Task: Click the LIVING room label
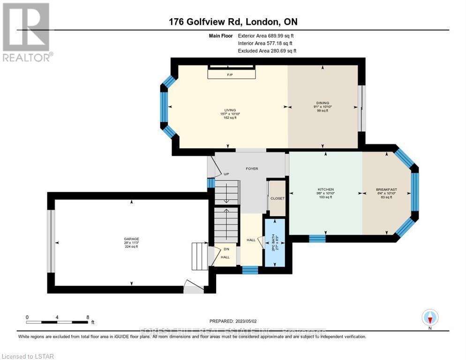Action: pos(229,110)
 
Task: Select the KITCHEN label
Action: pos(325,189)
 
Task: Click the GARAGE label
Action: pos(131,239)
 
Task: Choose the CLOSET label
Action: pos(278,198)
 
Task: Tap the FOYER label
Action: pos(252,169)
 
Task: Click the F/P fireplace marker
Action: pos(230,75)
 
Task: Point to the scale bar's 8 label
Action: pos(88,317)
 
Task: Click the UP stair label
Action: pos(225,174)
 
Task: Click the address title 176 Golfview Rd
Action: pos(233,22)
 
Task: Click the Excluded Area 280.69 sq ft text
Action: pos(267,51)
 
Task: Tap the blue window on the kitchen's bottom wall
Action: pos(317,238)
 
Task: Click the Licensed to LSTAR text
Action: pos(28,356)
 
